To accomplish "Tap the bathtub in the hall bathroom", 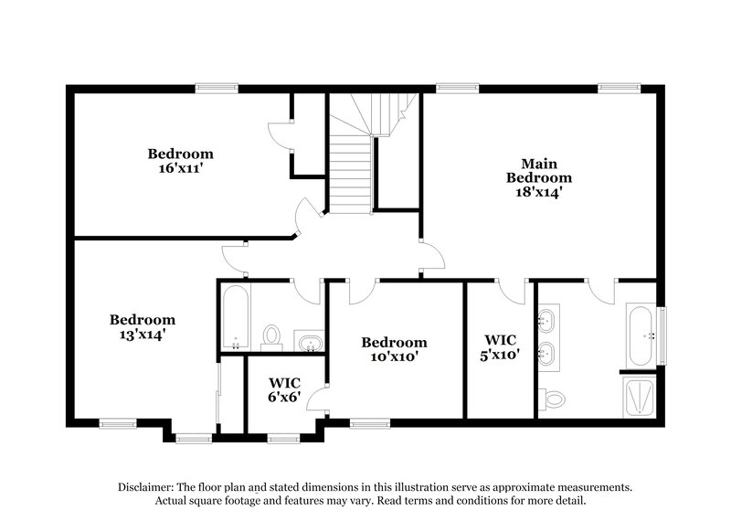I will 236,317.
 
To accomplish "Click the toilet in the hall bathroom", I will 271,336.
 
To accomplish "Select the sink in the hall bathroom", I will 311,342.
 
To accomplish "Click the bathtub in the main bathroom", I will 640,335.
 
